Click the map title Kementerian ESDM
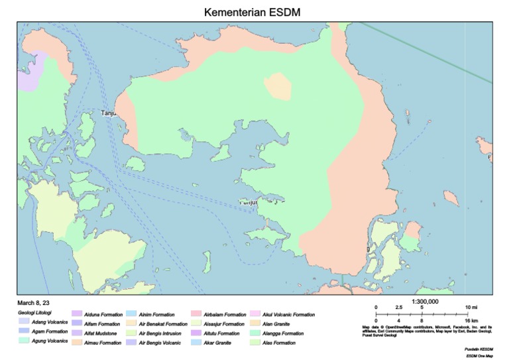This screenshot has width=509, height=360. (254, 13)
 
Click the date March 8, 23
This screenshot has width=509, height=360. (34, 302)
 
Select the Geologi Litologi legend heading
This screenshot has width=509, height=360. (35, 312)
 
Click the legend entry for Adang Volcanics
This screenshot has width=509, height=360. (50, 322)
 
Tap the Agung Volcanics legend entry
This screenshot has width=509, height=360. (50, 341)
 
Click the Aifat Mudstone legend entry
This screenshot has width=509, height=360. (101, 333)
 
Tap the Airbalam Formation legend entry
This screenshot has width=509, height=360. (225, 314)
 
